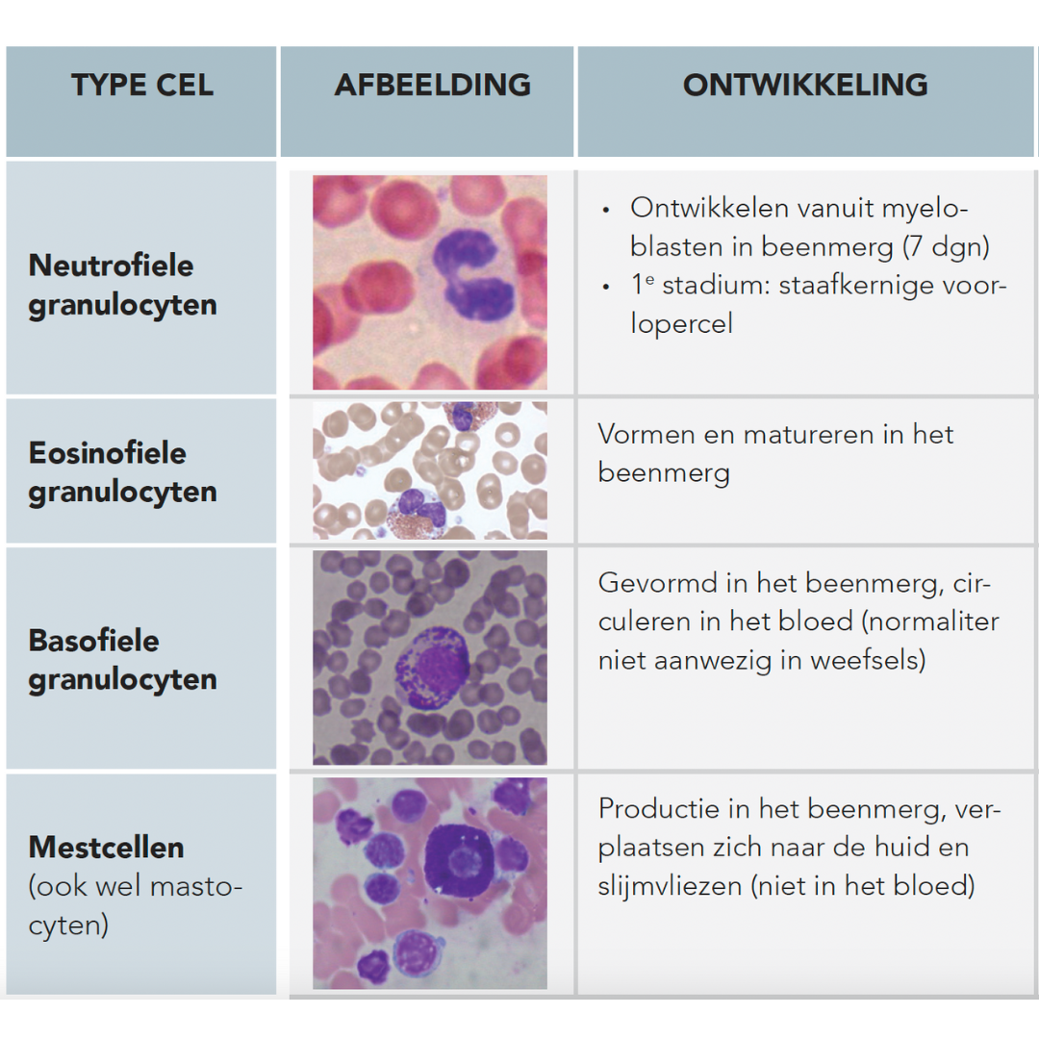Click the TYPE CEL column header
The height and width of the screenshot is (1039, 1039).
pyautogui.click(x=141, y=85)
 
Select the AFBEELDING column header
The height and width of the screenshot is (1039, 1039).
pyautogui.click(x=433, y=85)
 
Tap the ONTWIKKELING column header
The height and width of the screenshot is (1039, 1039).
pyautogui.click(x=805, y=85)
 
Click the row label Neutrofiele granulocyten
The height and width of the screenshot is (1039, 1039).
pyautogui.click(x=122, y=285)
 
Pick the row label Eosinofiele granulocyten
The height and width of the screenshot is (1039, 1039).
pyautogui.click(x=122, y=472)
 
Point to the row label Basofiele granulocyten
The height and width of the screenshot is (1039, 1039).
pyautogui.click(x=122, y=660)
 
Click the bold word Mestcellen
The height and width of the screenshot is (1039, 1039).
pyautogui.click(x=106, y=848)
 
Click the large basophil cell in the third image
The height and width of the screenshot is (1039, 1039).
pyautogui.click(x=433, y=668)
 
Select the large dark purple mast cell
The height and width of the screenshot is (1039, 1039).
pyautogui.click(x=460, y=860)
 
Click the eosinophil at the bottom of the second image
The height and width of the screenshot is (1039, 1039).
pyautogui.click(x=418, y=514)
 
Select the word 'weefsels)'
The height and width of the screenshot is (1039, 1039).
pyautogui.click(x=868, y=660)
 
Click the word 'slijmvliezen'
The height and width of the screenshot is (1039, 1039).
pyautogui.click(x=670, y=887)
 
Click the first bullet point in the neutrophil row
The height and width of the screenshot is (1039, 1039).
pyautogui.click(x=606, y=210)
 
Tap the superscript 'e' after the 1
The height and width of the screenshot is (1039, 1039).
pyautogui.click(x=650, y=280)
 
